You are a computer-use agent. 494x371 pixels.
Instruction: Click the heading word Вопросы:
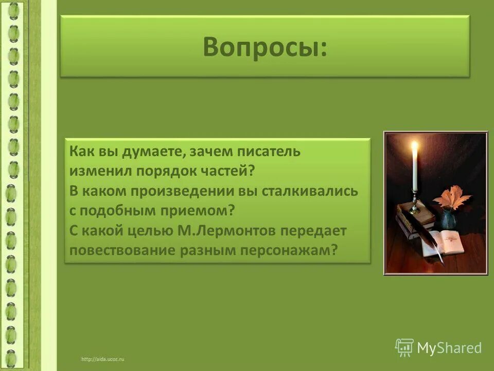(x=264, y=47)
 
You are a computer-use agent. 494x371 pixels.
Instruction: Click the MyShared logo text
(x=449, y=348)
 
